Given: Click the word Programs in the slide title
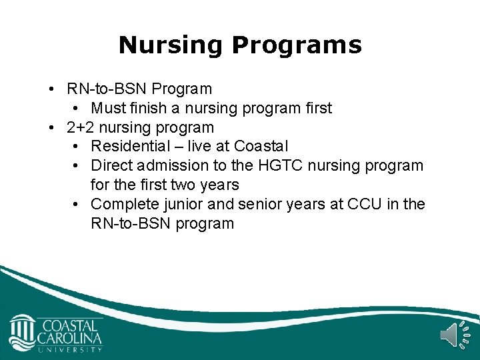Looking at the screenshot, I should [297, 45].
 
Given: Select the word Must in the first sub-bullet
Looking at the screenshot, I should [107, 108].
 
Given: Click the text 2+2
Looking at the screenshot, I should [81, 127].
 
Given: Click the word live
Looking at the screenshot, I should [199, 146].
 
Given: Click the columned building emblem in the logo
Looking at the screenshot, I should [23, 331].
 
